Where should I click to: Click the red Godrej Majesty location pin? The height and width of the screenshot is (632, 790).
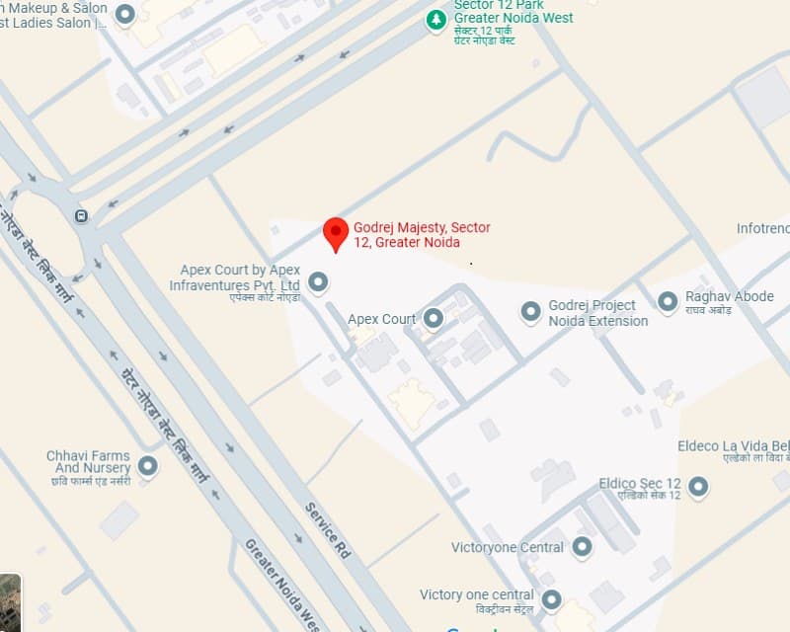[336, 233]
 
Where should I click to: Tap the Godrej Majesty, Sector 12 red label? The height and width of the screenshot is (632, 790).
[422, 235]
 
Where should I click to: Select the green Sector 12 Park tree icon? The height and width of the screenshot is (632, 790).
[435, 19]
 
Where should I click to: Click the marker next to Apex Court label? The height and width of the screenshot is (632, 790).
[434, 318]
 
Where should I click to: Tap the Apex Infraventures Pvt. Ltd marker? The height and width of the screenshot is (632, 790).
[318, 282]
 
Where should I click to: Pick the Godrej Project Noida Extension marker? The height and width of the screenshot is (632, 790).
[531, 312]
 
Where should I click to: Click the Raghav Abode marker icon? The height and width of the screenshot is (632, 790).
[669, 299]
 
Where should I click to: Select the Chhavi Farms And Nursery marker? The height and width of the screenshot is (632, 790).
[148, 465]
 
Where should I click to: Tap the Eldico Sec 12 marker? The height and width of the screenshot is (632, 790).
[698, 485]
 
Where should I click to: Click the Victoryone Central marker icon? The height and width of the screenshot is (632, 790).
[582, 546]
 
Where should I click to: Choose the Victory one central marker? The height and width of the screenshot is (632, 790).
[551, 599]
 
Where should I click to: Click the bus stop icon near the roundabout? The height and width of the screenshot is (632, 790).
[80, 215]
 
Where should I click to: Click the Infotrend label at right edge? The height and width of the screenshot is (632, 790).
[762, 229]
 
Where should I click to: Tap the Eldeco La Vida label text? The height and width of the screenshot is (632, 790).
[733, 446]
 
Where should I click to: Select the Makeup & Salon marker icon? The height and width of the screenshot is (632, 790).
[124, 14]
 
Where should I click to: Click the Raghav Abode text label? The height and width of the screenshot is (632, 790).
[731, 297]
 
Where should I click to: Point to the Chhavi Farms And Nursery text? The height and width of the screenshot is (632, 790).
[89, 462]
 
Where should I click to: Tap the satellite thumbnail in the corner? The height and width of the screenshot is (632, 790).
[10, 600]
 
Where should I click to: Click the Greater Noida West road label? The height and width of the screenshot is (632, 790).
[282, 587]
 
